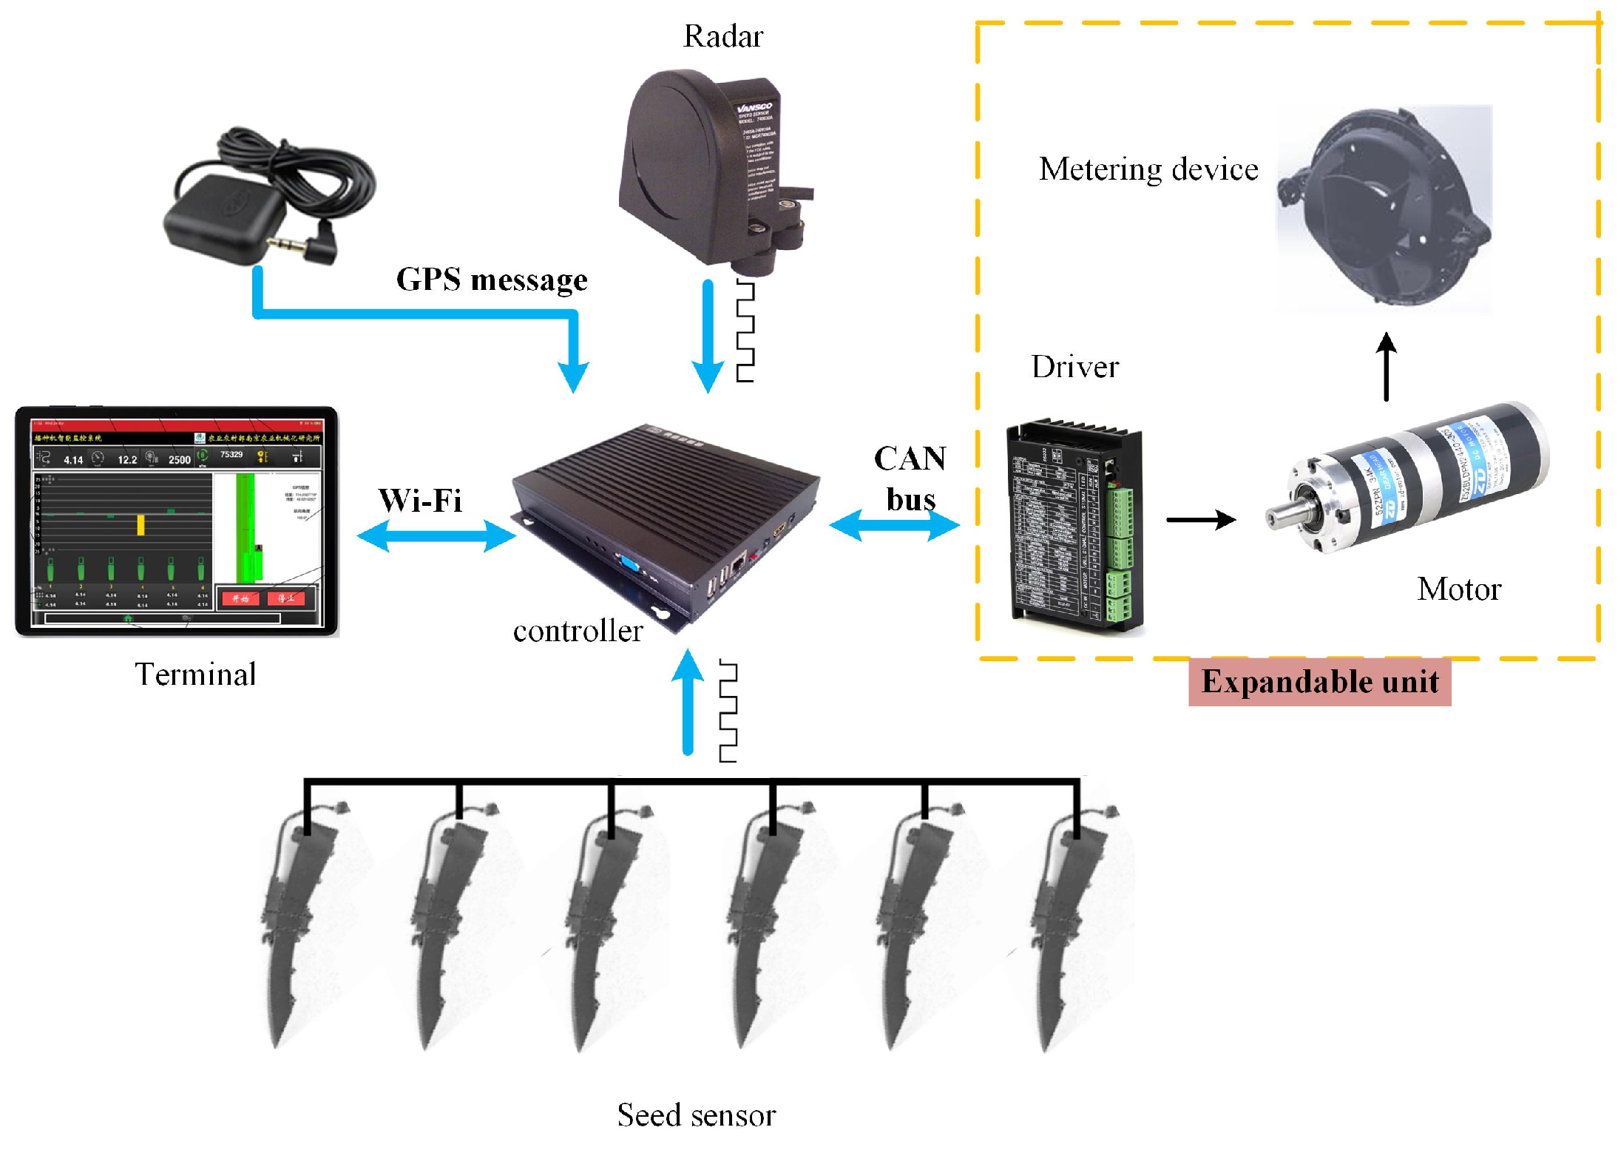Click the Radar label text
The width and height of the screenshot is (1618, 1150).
point(722,36)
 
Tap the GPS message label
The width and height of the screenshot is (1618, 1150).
point(492,280)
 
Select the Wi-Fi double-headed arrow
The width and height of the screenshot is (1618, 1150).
point(436,535)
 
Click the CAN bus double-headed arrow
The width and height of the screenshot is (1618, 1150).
point(894,525)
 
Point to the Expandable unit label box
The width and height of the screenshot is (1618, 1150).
point(1319,681)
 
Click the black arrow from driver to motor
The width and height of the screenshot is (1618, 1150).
point(1200,520)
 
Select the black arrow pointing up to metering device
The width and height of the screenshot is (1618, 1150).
point(1387,366)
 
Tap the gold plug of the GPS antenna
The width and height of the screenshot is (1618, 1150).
point(284,243)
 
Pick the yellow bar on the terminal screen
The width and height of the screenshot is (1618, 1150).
point(141,525)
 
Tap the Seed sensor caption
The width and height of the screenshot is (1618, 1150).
point(697,1115)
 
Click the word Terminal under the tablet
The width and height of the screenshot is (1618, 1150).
point(195,674)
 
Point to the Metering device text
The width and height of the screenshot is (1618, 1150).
point(1148,169)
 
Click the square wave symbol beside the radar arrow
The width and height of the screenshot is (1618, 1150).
point(745,331)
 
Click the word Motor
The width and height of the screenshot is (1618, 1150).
point(1459,589)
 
